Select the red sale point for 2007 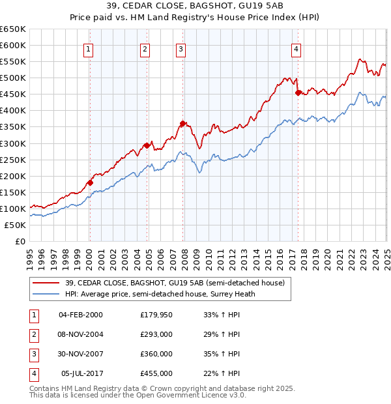pyautogui.click(x=183, y=123)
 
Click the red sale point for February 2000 pyautogui.click(x=90, y=182)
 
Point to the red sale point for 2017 pyautogui.click(x=298, y=93)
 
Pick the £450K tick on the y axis pyautogui.click(x=13, y=94)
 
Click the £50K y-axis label pyautogui.click(x=16, y=225)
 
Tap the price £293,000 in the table pyautogui.click(x=156, y=334)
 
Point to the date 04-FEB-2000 pyautogui.click(x=81, y=314)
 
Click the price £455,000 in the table pyautogui.click(x=156, y=374)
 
